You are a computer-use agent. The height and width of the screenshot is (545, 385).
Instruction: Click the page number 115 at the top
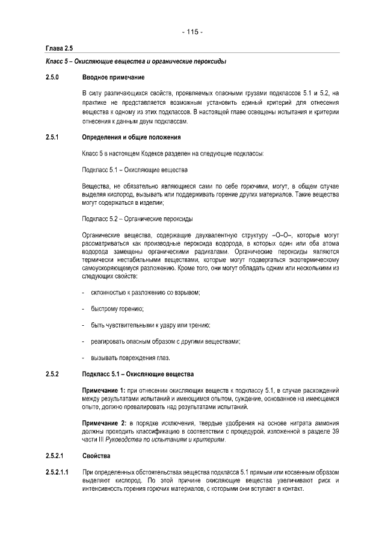(192, 32)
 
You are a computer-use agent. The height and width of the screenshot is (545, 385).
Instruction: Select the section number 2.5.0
(54, 77)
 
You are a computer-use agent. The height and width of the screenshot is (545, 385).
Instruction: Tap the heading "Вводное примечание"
(112, 77)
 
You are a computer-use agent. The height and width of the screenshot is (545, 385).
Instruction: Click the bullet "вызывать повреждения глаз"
(129, 358)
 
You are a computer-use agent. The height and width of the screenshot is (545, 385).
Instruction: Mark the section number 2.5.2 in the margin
(54, 375)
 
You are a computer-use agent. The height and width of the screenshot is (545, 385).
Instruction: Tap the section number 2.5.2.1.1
(58, 472)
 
